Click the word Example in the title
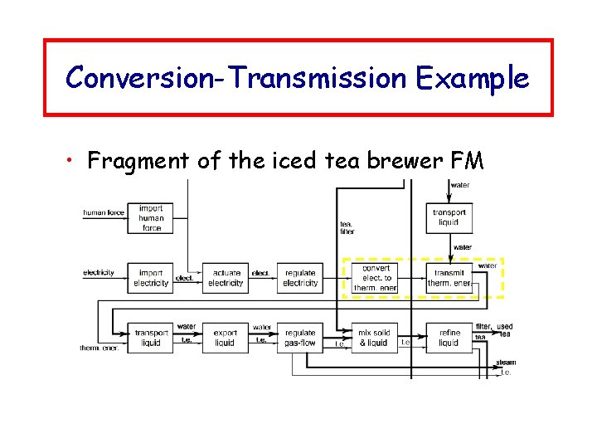point(473,78)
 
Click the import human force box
point(151,217)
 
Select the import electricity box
point(151,278)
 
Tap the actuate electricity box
point(226,278)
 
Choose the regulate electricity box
point(300,278)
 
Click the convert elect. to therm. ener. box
point(375,278)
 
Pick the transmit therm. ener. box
point(450,278)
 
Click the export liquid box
point(225,338)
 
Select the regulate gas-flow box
point(300,338)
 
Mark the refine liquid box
point(449,338)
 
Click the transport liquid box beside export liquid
point(151,338)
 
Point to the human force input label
point(104,213)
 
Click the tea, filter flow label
point(347,227)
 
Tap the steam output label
point(506,363)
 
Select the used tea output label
point(505,330)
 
